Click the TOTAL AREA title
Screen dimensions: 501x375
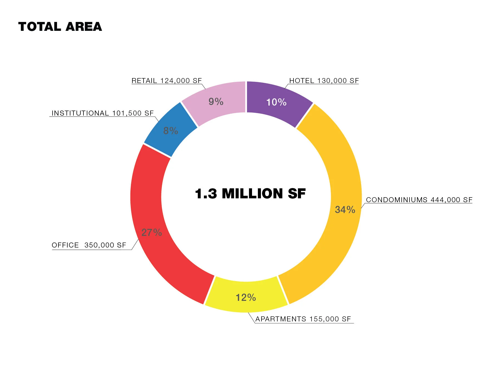pos(60,27)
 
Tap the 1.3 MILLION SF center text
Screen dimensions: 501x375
pos(250,194)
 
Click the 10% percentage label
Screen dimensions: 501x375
pos(276,102)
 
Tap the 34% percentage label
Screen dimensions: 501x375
pos(345,210)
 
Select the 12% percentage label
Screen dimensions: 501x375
pos(246,297)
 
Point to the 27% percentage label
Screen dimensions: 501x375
pos(152,232)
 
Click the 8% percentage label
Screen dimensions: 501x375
pos(171,131)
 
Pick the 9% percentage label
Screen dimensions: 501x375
pos(216,102)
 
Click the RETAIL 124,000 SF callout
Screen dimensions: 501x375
pos(167,81)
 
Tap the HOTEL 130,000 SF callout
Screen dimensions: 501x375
pos(324,81)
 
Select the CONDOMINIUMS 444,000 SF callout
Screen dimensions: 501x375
pos(419,200)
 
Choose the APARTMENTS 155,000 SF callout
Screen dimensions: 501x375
pos(303,319)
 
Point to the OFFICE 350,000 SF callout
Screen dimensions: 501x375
pos(89,245)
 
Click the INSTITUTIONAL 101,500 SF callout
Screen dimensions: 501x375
pos(103,113)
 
